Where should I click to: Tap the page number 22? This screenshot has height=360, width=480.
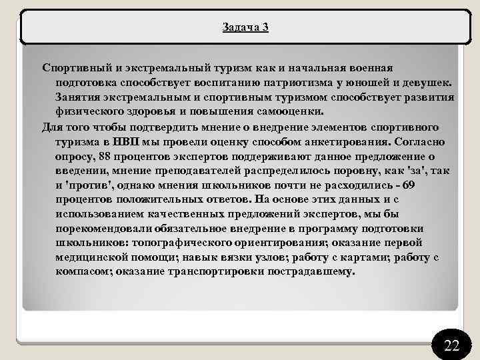click(451, 345)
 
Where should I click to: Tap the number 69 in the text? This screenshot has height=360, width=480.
click(437, 185)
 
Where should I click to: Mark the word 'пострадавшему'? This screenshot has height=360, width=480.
click(313, 272)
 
